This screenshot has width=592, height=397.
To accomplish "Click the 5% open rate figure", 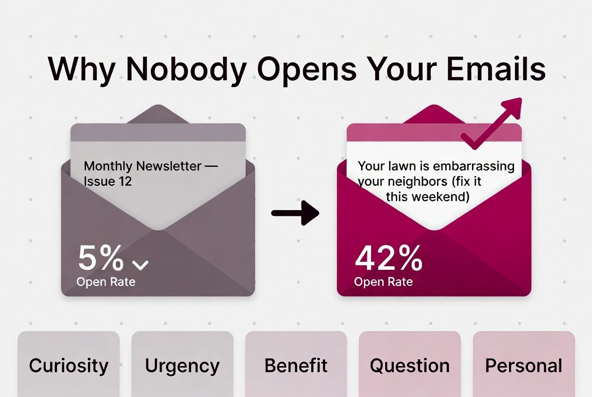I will [101, 258].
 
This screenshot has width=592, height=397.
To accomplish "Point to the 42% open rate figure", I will [389, 258].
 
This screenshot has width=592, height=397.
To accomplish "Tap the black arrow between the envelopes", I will [295, 212].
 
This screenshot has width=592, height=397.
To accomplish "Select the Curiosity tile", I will [68, 365].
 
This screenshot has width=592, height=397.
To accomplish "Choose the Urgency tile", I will [182, 365].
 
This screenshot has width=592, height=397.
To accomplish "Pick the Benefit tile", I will [296, 365].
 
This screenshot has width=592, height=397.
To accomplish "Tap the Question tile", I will [410, 365].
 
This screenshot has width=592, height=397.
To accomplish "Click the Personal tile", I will [524, 365].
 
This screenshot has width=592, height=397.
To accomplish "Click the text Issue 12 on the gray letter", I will [108, 181].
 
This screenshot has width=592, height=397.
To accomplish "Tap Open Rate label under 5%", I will [106, 282].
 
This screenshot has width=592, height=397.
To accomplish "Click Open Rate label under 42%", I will [384, 282].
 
